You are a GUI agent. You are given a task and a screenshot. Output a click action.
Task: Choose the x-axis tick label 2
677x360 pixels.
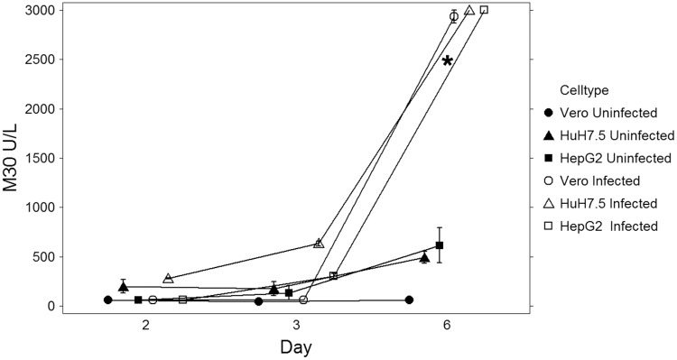(145, 325)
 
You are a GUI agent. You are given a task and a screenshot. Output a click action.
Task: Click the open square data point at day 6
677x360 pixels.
(484, 10)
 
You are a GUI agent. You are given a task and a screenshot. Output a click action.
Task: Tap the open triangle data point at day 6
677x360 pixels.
(469, 11)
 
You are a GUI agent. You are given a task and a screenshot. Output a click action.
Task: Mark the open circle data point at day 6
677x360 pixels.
(454, 16)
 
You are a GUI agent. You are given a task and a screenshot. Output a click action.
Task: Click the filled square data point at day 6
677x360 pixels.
(440, 245)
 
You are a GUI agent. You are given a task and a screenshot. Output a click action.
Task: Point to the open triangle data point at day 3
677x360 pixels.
(319, 244)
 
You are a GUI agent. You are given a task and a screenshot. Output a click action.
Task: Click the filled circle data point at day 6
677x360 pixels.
(409, 300)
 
